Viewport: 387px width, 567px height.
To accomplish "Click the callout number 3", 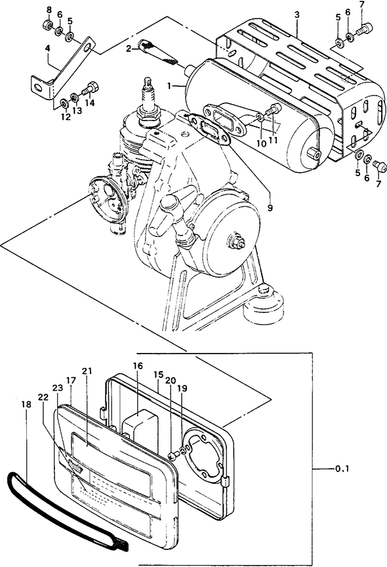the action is coord(296,15).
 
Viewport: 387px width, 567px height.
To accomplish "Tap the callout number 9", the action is coord(270,208).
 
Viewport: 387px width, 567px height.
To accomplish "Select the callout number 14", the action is coord(90,103).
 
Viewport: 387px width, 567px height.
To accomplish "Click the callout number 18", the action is coord(26,404).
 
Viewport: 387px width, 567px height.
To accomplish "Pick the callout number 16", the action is coord(138,366).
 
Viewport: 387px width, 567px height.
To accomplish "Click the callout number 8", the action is coord(49,10).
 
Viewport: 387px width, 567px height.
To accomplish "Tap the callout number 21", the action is coord(87,371).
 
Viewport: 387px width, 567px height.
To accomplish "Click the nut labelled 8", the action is coord(47,25).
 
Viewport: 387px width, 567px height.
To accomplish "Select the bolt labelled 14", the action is coord(90,88).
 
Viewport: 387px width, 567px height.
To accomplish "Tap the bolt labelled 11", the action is coord(274,109).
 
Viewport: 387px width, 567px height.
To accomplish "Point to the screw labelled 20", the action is coord(173,456).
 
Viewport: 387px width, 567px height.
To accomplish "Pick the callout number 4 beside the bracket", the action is coord(47,48).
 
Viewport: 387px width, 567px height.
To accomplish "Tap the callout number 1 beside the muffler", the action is coord(169,86).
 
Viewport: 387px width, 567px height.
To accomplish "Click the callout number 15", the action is coord(159,375).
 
